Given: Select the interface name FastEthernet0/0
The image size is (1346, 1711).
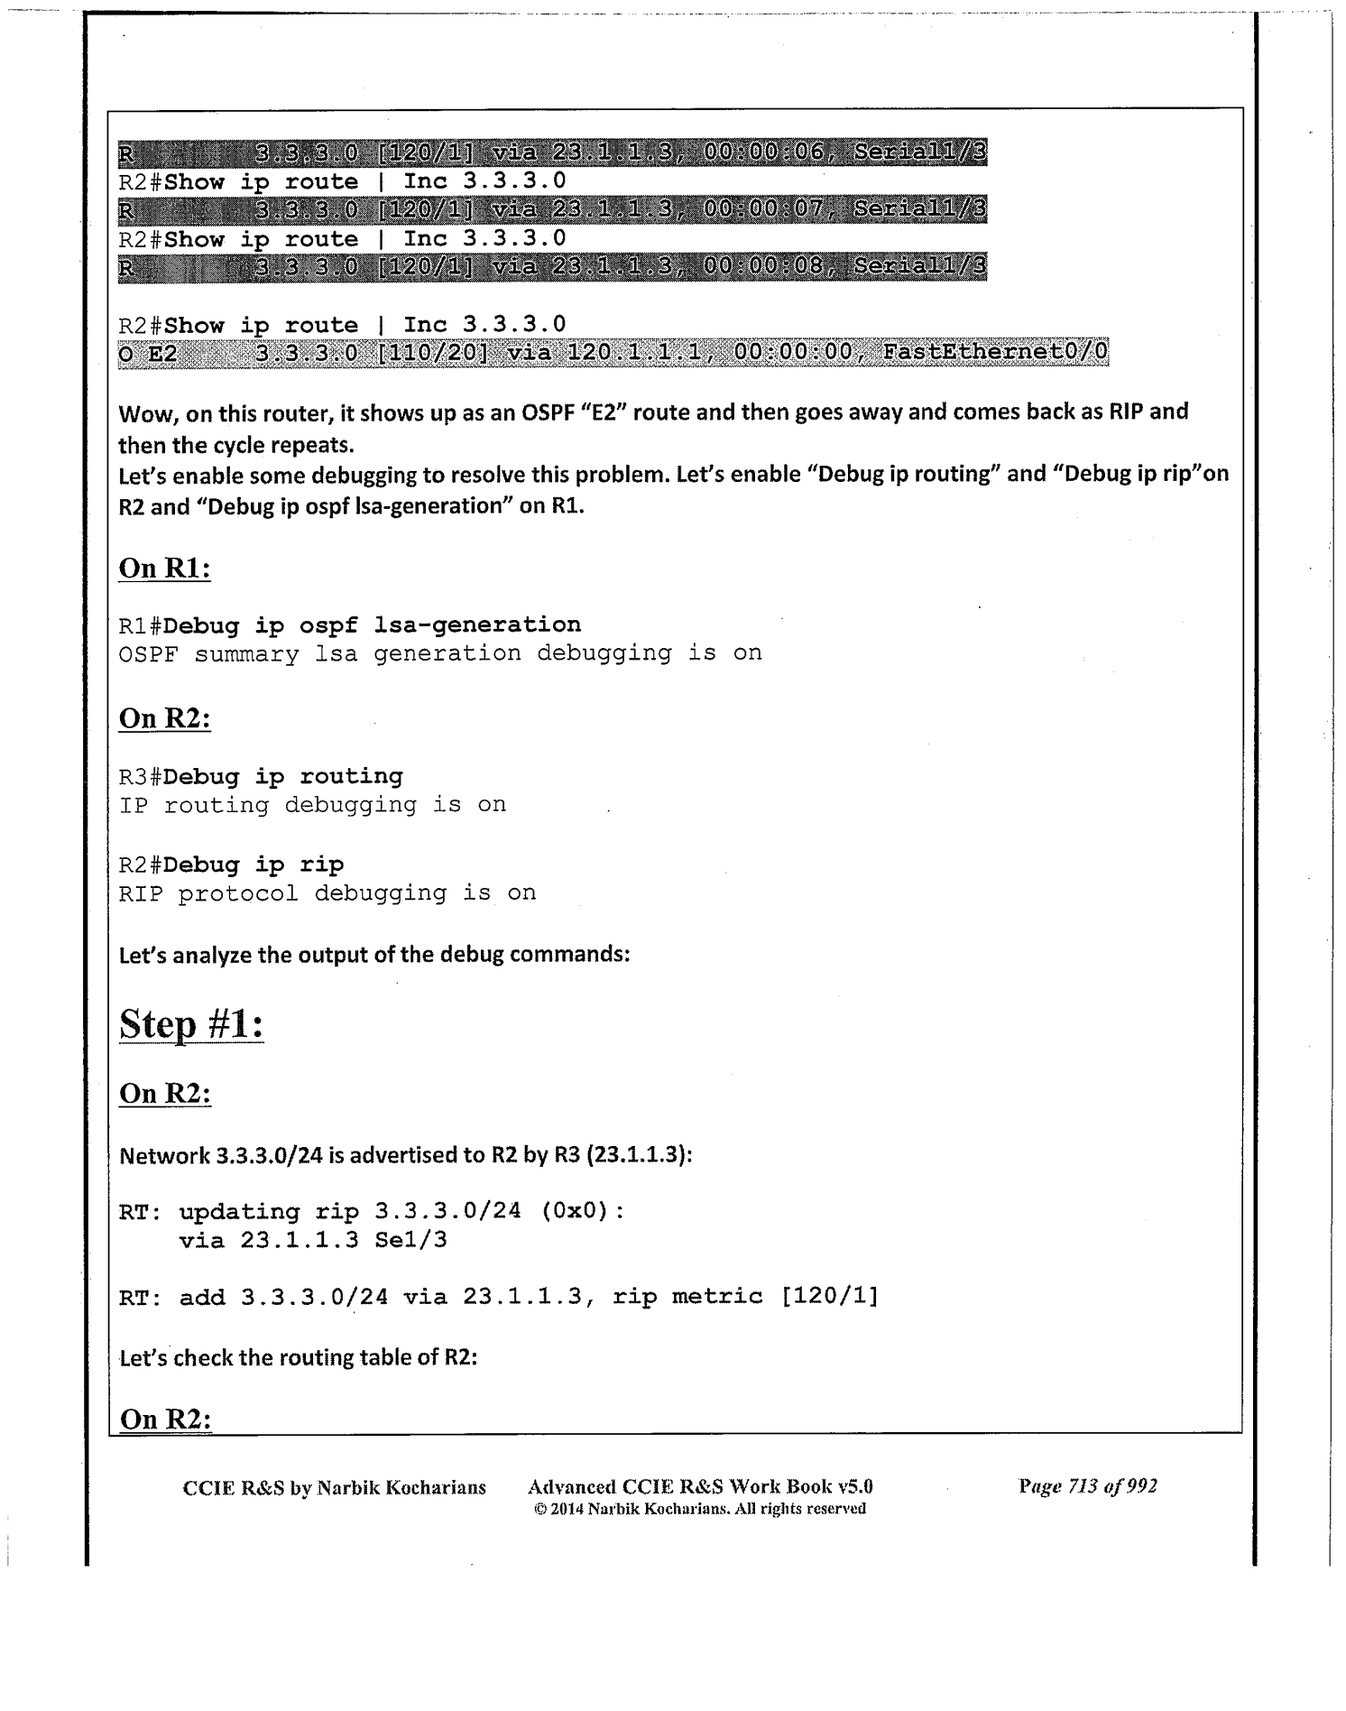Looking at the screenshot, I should [995, 352].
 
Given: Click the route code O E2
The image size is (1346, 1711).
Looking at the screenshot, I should [148, 353].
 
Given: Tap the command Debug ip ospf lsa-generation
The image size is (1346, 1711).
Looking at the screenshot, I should [373, 624].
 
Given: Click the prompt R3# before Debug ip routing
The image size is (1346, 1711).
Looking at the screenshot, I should [141, 776].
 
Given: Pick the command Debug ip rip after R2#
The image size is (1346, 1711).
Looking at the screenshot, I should [254, 865].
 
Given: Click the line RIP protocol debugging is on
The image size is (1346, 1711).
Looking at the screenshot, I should [327, 893].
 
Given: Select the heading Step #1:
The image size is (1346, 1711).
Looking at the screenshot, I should [191, 1025].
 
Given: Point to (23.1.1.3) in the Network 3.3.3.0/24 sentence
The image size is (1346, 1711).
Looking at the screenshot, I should [637, 1155].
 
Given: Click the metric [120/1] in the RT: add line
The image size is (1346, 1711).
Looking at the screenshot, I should [820, 1297].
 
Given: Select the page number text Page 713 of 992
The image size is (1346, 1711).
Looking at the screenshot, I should [1087, 1486].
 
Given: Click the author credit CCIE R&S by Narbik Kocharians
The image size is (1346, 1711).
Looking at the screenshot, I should [334, 1487].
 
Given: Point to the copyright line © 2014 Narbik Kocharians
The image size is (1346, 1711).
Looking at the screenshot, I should [700, 1509].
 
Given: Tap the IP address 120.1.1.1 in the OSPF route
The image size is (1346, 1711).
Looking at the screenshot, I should [635, 352].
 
